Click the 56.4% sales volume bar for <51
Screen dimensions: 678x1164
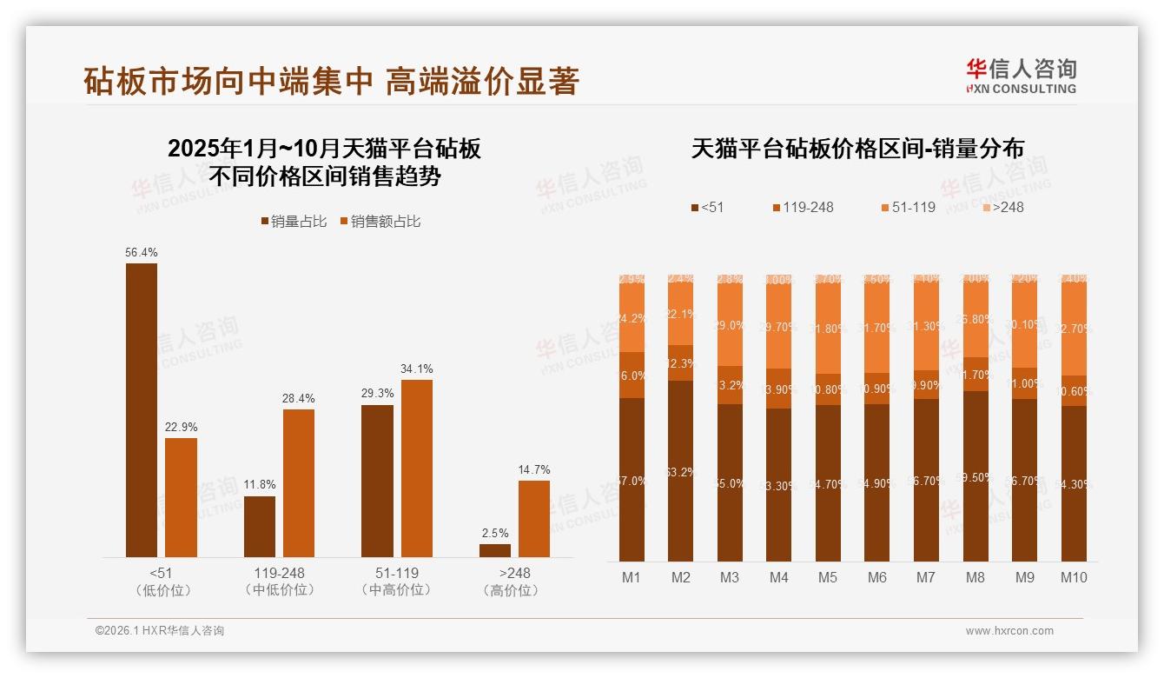142,409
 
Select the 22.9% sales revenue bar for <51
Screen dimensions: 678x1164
181,497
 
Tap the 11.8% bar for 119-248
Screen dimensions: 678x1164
259,527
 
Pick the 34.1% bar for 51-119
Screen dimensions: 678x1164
416,468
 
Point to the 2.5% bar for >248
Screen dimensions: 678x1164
495,550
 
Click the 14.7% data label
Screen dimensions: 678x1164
534,470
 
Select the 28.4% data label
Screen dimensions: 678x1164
298,399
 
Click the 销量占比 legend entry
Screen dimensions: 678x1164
294,222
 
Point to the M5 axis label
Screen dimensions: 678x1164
828,577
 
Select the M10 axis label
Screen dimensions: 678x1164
1074,577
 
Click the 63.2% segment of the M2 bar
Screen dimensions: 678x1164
681,471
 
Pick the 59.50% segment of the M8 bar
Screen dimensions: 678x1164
976,476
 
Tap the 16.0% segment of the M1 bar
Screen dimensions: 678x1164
632,376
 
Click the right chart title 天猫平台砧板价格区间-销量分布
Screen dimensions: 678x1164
857,149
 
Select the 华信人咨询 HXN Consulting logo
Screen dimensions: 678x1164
1021,76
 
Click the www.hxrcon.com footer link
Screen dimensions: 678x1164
1009,631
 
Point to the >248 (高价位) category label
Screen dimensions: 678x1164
514,582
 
